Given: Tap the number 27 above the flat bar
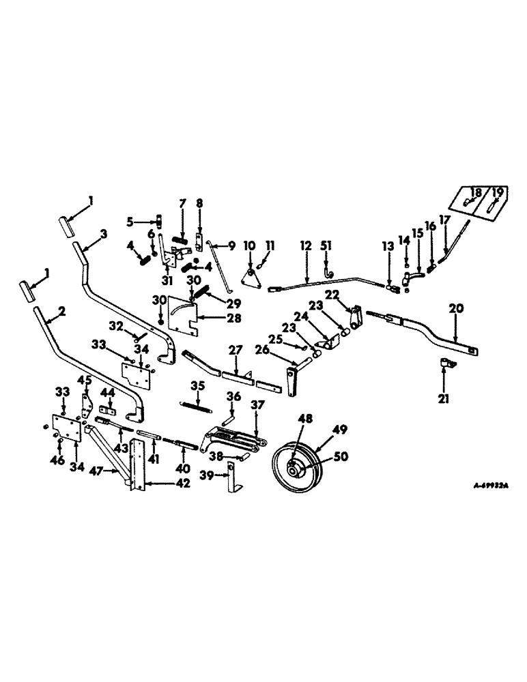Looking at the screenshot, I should [235, 350].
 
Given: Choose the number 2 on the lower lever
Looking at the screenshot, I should [62, 311].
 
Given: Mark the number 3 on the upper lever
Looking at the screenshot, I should [103, 234].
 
